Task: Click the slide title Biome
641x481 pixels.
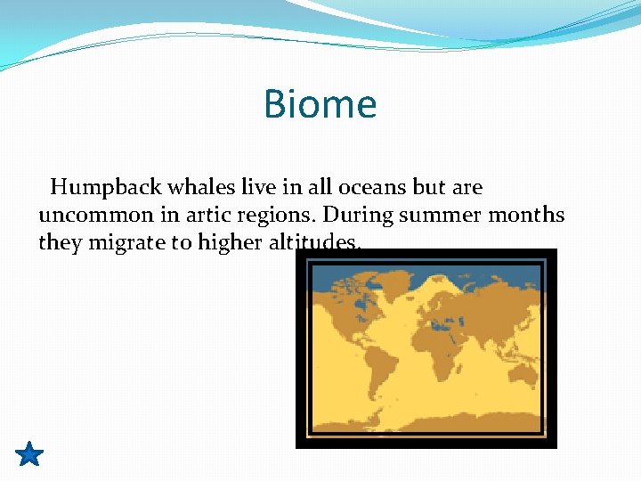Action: click(320, 104)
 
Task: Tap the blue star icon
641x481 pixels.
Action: click(29, 454)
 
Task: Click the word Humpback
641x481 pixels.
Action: click(93, 188)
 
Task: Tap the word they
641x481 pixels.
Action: click(59, 242)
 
